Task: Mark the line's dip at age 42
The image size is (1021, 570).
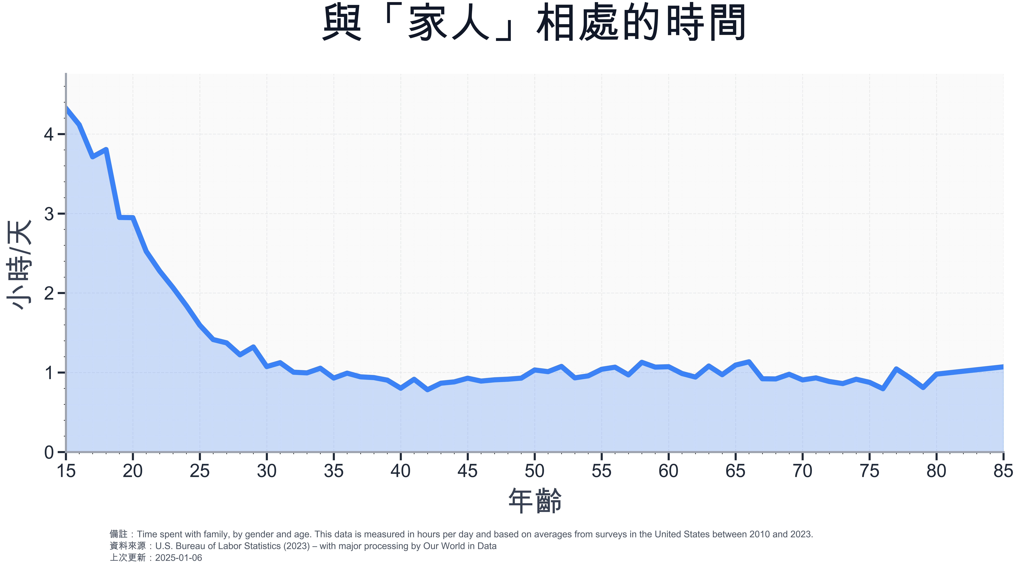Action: point(428,390)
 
